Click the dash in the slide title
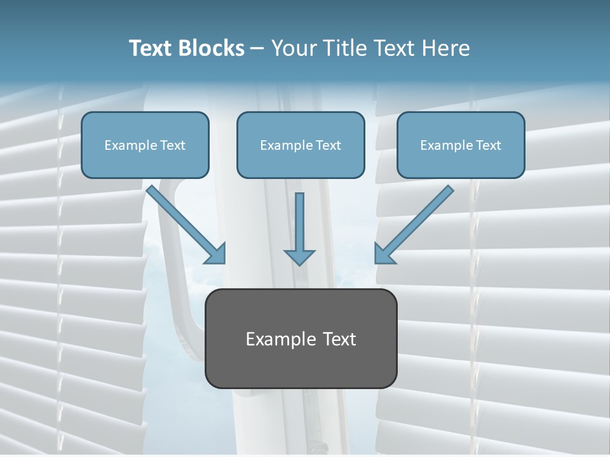[257, 49]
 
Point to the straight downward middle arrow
[299, 222]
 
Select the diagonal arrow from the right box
[419, 219]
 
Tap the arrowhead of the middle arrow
[299, 256]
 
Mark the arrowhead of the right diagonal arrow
[383, 253]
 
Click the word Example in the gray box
[280, 340]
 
